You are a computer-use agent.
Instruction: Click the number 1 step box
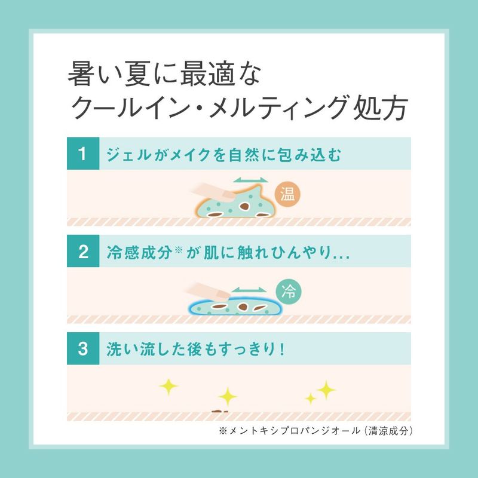tap(83, 154)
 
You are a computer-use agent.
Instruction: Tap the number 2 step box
tap(83, 251)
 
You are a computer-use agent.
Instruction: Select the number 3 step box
tap(83, 348)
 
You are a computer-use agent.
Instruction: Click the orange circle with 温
tap(287, 194)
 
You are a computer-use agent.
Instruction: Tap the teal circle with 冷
tap(289, 292)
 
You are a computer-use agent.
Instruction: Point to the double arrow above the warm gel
tap(250, 180)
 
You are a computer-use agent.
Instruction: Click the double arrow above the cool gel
tap(249, 290)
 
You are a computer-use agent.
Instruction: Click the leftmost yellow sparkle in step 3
tap(168, 387)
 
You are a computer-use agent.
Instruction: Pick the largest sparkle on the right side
tap(326, 390)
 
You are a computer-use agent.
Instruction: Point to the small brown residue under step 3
tap(219, 411)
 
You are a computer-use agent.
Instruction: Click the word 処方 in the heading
tap(380, 108)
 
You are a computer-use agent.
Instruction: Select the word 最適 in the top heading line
tap(208, 74)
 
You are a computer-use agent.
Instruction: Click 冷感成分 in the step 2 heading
tap(140, 252)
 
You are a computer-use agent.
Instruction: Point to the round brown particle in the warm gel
tap(244, 206)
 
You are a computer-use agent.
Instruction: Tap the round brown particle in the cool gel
tap(243, 307)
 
